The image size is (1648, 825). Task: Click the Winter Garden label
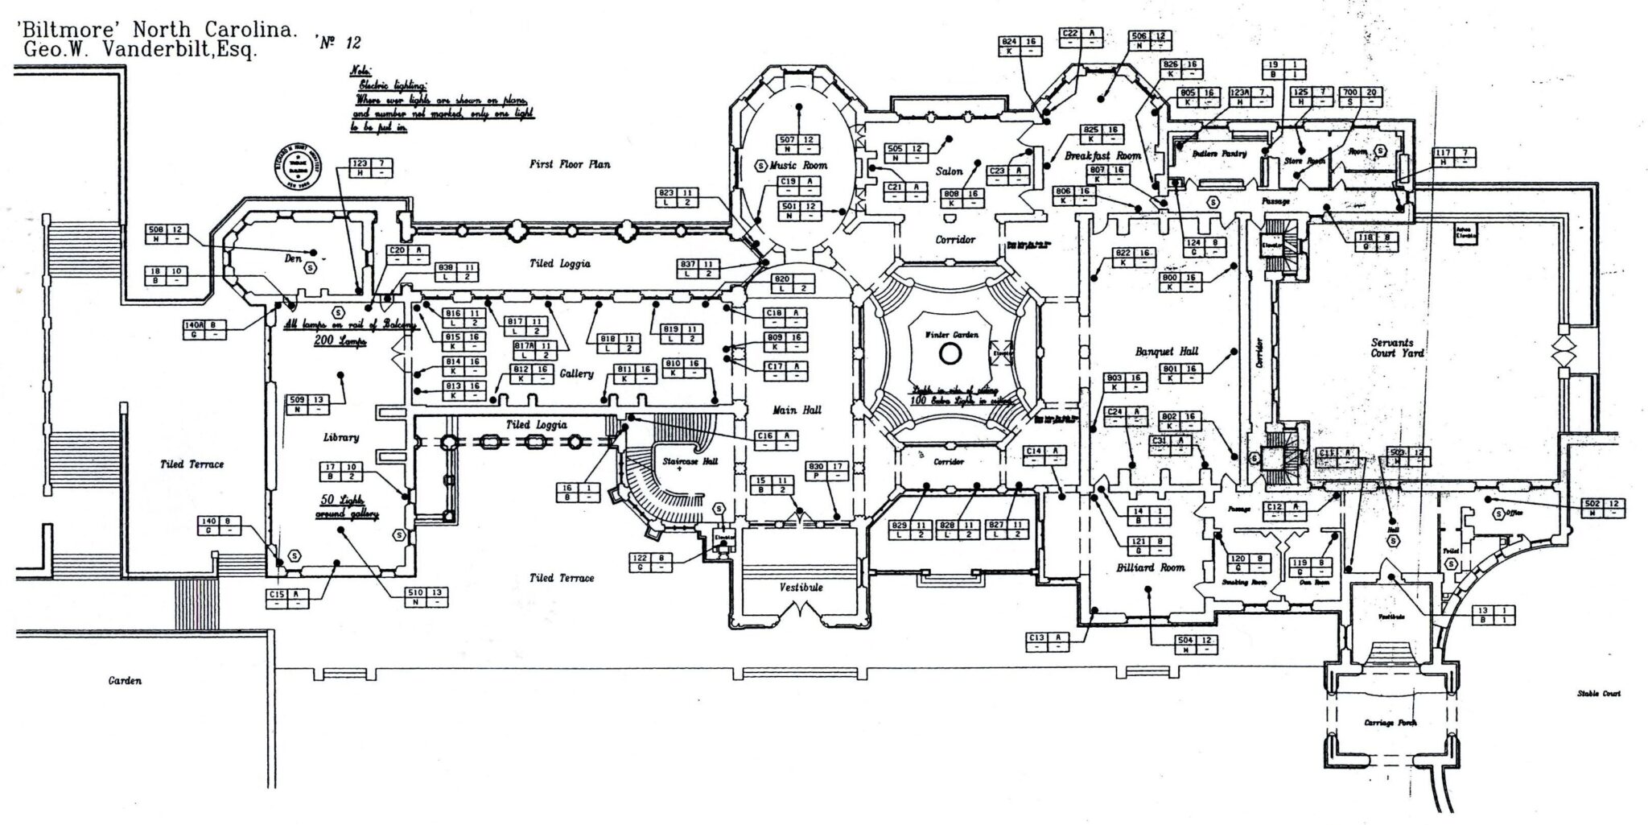point(950,333)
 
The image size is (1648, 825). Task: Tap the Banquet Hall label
point(1166,351)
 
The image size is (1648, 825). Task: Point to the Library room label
point(340,437)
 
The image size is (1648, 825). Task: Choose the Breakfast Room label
point(1103,155)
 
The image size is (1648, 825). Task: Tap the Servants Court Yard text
point(1397,348)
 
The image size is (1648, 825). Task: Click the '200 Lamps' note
point(340,341)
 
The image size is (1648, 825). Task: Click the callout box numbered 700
point(1361,97)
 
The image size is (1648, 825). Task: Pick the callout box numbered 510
point(426,596)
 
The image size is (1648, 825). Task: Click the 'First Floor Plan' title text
point(569,164)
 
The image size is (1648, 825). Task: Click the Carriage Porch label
point(1390,722)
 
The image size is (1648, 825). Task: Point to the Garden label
point(126,680)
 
